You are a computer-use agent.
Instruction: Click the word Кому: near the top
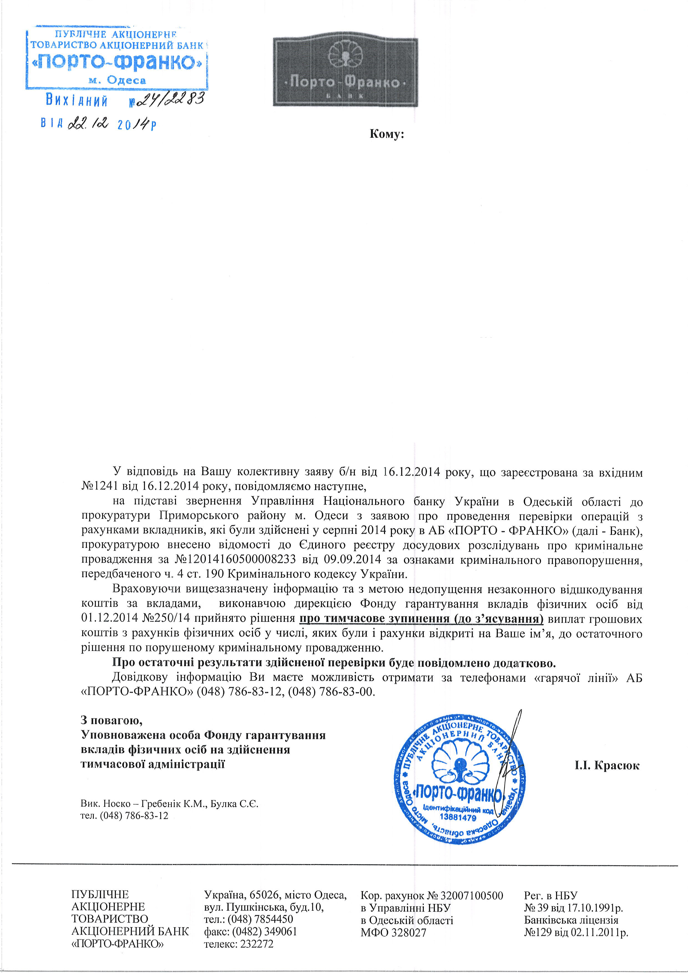point(386,135)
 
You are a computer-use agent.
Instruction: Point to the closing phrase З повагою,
point(112,720)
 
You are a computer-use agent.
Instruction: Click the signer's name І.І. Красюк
point(607,765)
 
